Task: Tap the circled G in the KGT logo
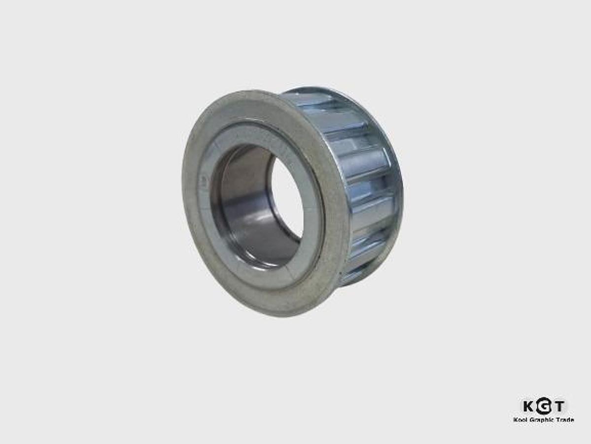click(543, 407)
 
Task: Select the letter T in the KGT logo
click(559, 406)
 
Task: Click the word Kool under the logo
click(521, 420)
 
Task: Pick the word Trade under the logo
click(565, 420)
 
